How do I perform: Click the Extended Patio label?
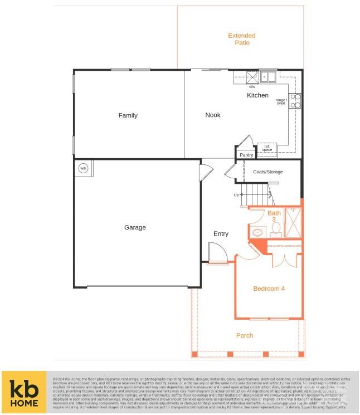[x=242, y=39]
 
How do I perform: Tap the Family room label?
[x=128, y=115]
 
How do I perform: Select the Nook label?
[x=213, y=115]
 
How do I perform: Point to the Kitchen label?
[x=257, y=95]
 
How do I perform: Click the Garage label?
[x=135, y=227]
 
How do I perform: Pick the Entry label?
[x=221, y=233]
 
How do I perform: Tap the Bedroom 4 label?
[x=269, y=289]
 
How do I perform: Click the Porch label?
[x=245, y=335]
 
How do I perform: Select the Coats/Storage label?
[x=267, y=172]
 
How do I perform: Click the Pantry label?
[x=246, y=155]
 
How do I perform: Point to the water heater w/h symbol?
[x=84, y=168]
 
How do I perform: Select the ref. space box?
[x=267, y=148]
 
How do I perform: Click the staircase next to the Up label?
[x=259, y=196]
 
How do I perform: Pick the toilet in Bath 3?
[x=257, y=233]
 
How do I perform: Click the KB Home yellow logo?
[x=25, y=392]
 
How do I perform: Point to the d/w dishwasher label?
[x=252, y=86]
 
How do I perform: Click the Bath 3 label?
[x=274, y=216]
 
